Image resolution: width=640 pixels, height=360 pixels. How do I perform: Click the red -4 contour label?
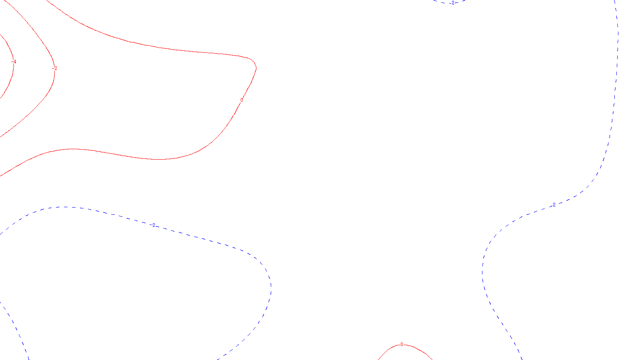point(14,62)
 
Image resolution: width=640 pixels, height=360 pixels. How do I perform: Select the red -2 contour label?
point(55,68)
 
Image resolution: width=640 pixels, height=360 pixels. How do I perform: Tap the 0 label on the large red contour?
point(242,100)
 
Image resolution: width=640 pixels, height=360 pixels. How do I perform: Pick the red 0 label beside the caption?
point(402,344)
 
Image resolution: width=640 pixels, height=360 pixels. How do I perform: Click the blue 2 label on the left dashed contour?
point(154,225)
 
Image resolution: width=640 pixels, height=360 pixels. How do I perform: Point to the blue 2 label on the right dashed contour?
point(554,204)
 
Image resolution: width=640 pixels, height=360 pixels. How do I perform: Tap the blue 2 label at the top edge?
point(452,3)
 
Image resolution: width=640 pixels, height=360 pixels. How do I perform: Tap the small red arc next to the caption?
point(420,350)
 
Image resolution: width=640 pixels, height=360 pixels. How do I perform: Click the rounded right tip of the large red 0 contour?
point(256,67)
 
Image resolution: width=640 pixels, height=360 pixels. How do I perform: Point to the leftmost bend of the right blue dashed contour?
point(482,272)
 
